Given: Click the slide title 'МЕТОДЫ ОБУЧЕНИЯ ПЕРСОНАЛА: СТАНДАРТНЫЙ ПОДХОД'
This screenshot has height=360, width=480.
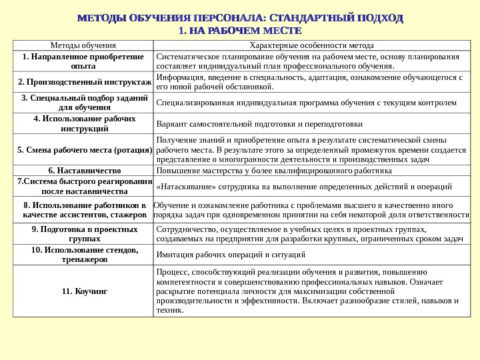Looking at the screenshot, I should click(x=241, y=17).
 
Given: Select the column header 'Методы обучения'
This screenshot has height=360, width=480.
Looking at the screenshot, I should click(x=83, y=45).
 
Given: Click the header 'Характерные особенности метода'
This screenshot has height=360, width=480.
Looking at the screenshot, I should click(x=311, y=45).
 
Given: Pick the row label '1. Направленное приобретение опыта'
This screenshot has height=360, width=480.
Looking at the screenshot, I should click(x=83, y=61).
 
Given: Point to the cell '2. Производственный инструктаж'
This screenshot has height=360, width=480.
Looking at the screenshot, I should click(x=85, y=82).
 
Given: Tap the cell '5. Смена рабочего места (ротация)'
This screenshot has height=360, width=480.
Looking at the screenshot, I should click(x=85, y=150).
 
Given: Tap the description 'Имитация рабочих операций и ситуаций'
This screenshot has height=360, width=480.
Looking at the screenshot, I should click(x=231, y=254).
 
